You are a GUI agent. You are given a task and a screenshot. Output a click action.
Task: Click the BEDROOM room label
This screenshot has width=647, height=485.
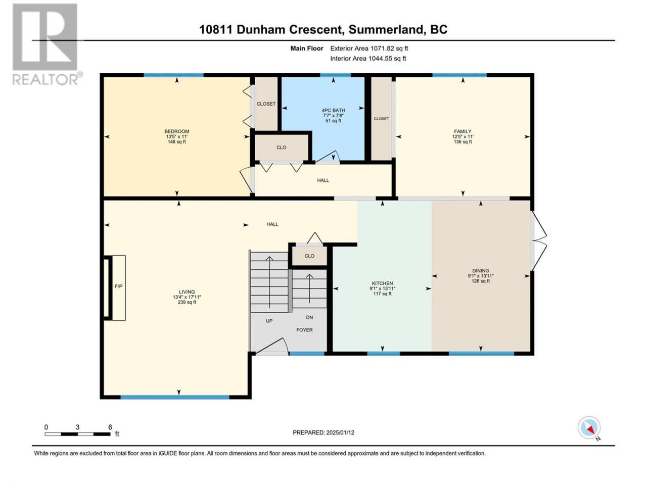coord(176,131)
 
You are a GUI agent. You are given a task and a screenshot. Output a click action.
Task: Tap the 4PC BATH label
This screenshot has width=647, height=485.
coord(334,111)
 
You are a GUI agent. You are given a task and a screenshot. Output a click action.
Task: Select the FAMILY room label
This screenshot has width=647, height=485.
coord(463,131)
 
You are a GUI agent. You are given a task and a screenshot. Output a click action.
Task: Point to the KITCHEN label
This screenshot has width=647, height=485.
coord(382,283)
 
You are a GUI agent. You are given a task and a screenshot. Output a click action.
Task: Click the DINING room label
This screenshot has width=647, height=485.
coord(481,271)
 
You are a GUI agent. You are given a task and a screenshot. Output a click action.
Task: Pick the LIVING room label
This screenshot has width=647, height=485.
coord(187,292)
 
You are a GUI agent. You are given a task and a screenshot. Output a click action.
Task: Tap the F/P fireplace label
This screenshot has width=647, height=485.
coord(118,286)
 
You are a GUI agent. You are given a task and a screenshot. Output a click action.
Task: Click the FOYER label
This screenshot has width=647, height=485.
coord(304,330)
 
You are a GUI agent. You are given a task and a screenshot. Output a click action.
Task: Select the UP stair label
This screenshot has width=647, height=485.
coord(269,321)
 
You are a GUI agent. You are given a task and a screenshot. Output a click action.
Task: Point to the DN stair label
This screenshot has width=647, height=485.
coord(309,317)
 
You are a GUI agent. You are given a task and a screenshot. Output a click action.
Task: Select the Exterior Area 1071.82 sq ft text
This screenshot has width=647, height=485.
coord(369,48)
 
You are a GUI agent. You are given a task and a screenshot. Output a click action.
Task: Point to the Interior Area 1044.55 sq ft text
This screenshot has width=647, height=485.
coord(368,58)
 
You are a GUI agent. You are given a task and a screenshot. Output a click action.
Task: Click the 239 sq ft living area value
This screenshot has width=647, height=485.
coord(187,302)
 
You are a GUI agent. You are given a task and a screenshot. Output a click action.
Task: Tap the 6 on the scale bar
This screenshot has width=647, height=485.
coord(110,427)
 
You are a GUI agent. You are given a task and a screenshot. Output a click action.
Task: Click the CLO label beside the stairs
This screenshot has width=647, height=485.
coord(309,256)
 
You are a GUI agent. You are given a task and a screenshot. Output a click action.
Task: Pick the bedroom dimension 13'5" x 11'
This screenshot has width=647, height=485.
coord(176,136)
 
